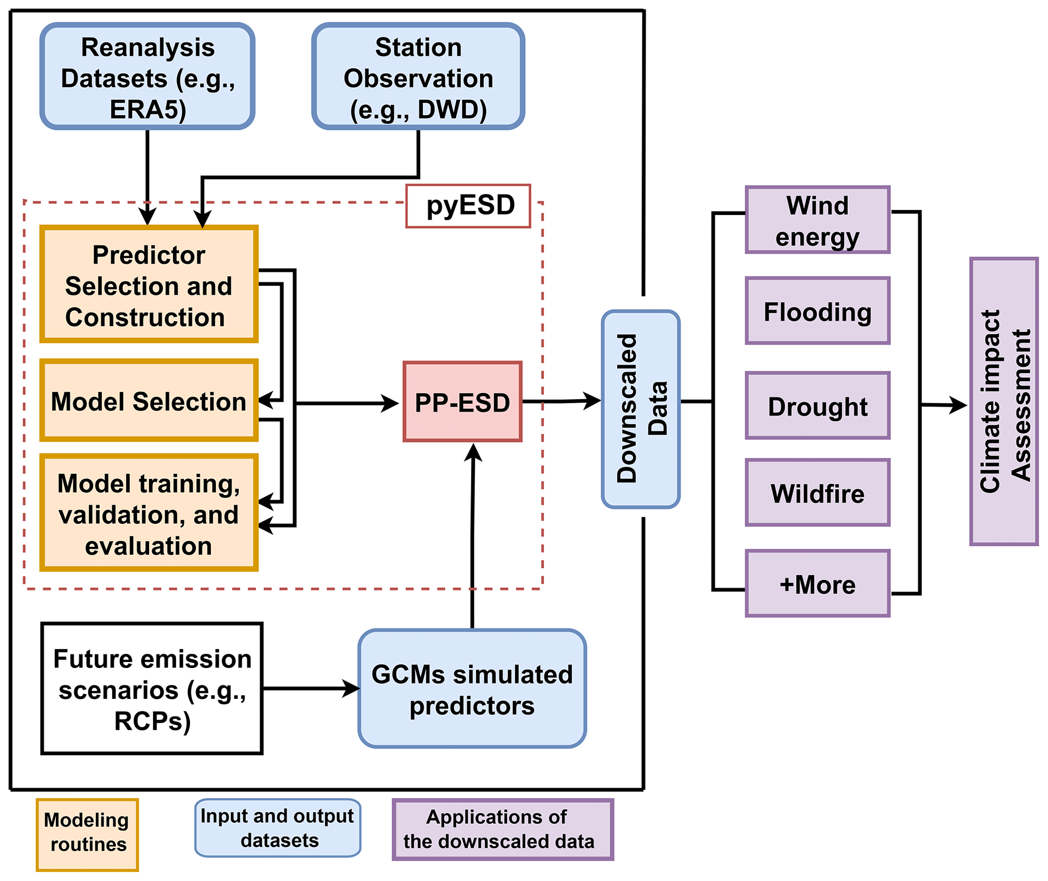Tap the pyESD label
pyautogui.click(x=468, y=206)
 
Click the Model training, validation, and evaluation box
pyautogui.click(x=149, y=513)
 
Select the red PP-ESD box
pyautogui.click(x=462, y=402)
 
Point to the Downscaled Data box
pyautogui.click(x=640, y=409)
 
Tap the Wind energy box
pyautogui.click(x=817, y=220)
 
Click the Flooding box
pyautogui.click(x=817, y=311)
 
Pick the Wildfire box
pyautogui.click(x=817, y=492)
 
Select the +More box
pyautogui.click(x=817, y=583)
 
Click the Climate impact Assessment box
pyautogui.click(x=1003, y=401)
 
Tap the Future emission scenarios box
pyautogui.click(x=152, y=688)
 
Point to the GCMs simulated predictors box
pyautogui.click(x=472, y=688)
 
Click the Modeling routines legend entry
pyautogui.click(x=87, y=835)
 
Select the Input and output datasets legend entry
pyautogui.click(x=277, y=828)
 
